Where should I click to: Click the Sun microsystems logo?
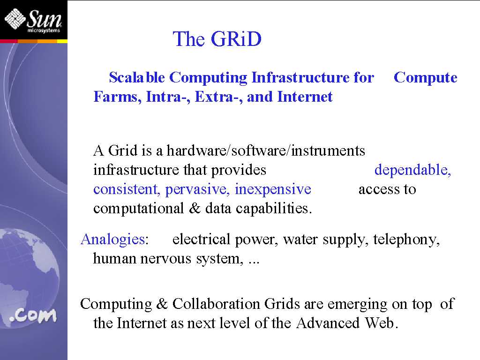[x=33, y=21]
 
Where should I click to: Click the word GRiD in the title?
[x=236, y=39]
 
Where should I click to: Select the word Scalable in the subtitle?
[x=137, y=77]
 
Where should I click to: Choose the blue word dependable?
[x=412, y=170]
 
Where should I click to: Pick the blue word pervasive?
[x=197, y=189]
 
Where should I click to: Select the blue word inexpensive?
[x=273, y=189]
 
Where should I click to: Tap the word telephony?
[x=406, y=240]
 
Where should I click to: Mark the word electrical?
[x=201, y=239]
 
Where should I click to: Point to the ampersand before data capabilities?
[x=195, y=209]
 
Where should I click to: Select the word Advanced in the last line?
[x=328, y=323]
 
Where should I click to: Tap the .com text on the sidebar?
[x=33, y=315]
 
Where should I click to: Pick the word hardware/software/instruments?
[x=266, y=150]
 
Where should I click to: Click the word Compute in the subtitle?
[x=426, y=78]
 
